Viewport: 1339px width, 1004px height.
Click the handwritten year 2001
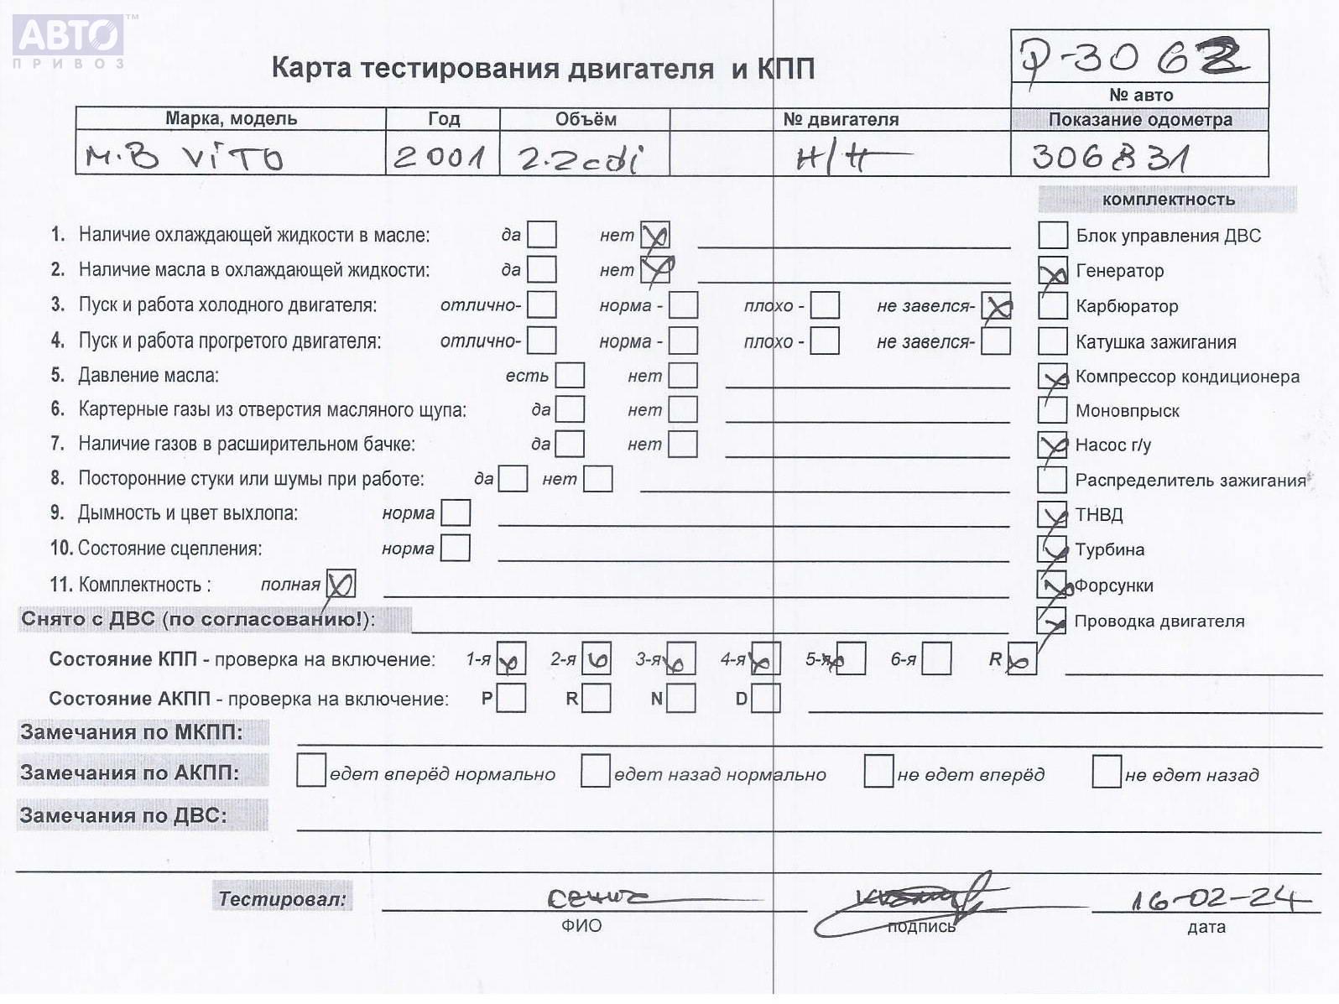pyautogui.click(x=440, y=157)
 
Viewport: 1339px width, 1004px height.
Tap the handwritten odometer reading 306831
pyautogui.click(x=1109, y=157)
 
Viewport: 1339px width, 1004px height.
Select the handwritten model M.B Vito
pyautogui.click(x=185, y=157)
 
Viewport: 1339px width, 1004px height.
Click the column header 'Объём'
pyautogui.click(x=585, y=119)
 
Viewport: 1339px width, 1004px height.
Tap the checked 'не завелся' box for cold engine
pyautogui.click(x=996, y=306)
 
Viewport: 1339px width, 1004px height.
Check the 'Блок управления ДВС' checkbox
pyautogui.click(x=1053, y=236)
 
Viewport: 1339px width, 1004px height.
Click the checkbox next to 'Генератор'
pyautogui.click(x=1053, y=272)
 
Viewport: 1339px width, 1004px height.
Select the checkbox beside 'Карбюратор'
pyautogui.click(x=1053, y=306)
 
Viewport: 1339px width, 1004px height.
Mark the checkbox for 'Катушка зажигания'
pyautogui.click(x=1053, y=341)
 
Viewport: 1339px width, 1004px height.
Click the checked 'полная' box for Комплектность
pyautogui.click(x=340, y=584)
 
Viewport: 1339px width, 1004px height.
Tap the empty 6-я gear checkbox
pyautogui.click(x=936, y=659)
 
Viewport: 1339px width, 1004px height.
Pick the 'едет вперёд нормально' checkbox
pyautogui.click(x=311, y=771)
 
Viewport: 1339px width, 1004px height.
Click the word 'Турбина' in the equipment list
pyautogui.click(x=1109, y=550)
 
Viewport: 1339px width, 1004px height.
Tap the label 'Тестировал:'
pyautogui.click(x=282, y=899)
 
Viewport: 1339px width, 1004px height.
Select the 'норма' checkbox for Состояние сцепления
pyautogui.click(x=456, y=549)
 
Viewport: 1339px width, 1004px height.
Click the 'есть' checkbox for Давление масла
pyautogui.click(x=570, y=376)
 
